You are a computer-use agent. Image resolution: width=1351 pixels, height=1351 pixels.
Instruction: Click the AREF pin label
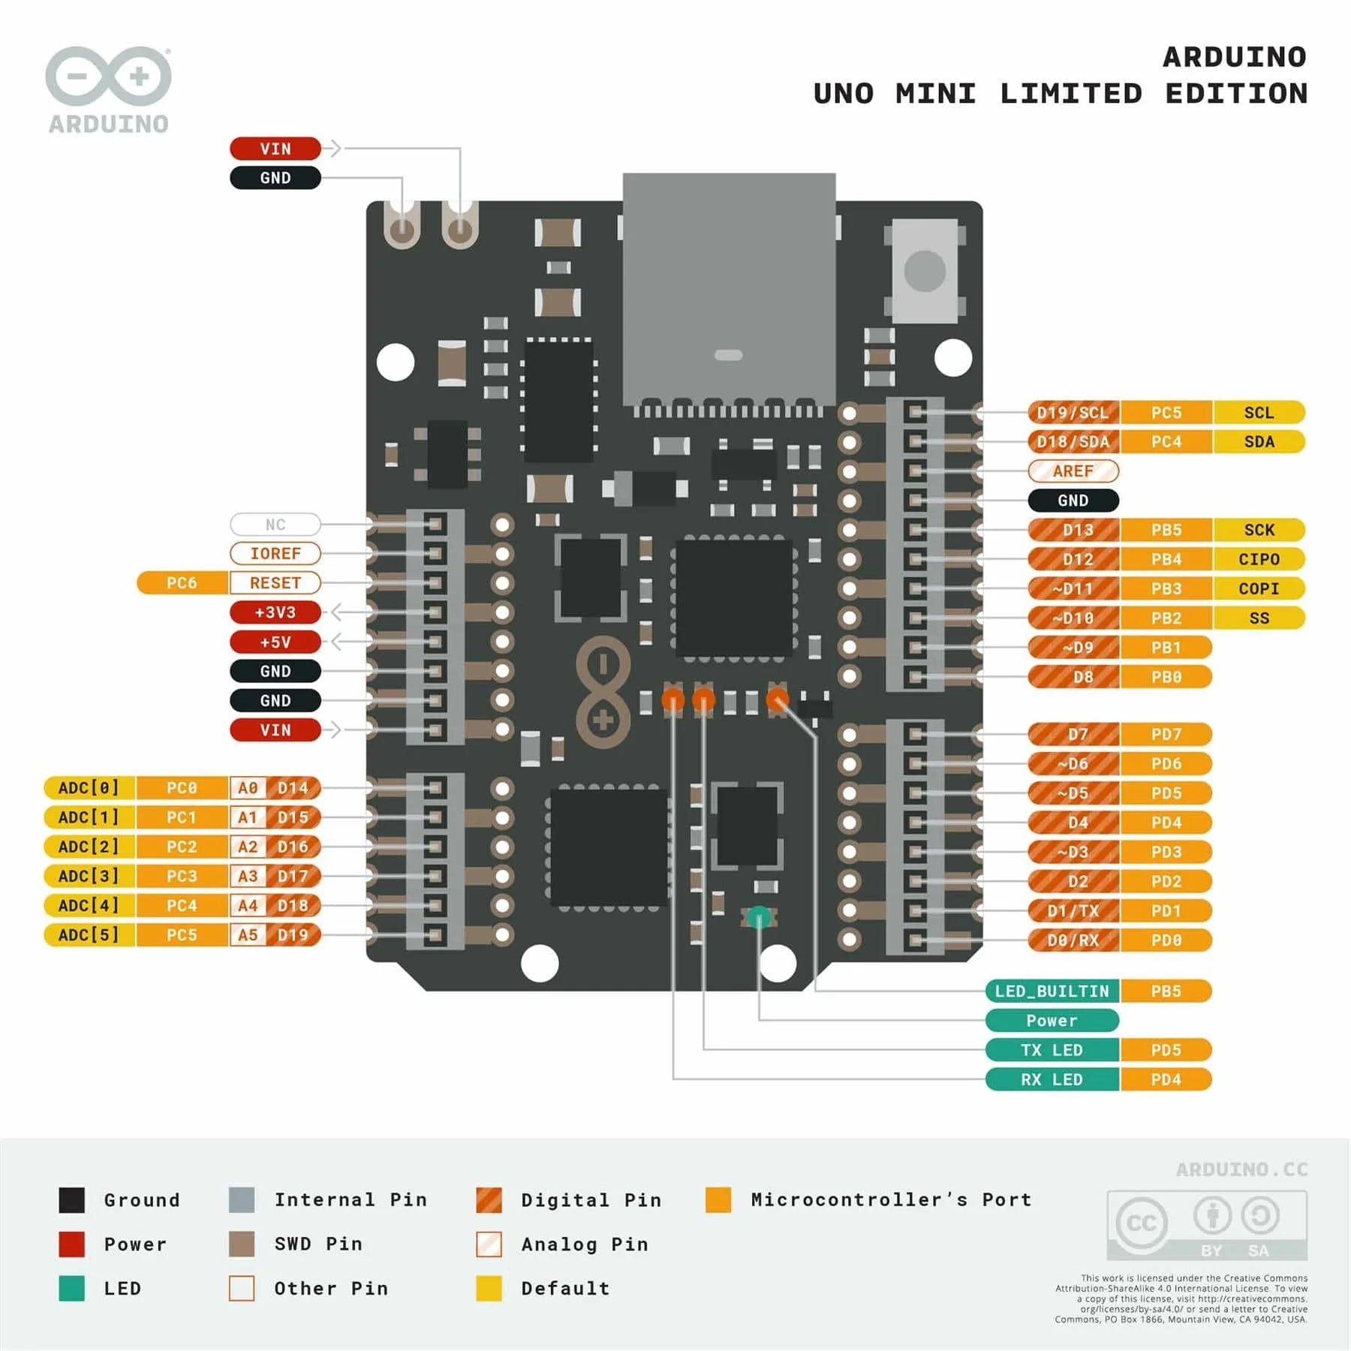(1073, 471)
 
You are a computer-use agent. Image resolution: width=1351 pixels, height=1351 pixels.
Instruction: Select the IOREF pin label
(275, 554)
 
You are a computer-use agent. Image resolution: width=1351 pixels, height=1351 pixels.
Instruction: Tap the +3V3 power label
(275, 612)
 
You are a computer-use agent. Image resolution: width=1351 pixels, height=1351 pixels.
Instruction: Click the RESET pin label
(275, 583)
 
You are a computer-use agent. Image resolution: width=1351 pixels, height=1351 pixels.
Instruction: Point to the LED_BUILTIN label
(1052, 991)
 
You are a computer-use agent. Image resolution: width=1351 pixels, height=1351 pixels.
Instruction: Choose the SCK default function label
(1259, 530)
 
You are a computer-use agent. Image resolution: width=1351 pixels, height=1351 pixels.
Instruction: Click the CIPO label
(1259, 559)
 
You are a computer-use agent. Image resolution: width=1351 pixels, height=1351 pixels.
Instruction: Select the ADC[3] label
(89, 876)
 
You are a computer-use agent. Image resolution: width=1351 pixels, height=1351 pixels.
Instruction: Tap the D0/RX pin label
(1073, 940)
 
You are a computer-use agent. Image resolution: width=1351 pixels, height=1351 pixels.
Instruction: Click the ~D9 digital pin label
(1073, 648)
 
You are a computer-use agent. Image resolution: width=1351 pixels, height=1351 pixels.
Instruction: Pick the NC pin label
(275, 525)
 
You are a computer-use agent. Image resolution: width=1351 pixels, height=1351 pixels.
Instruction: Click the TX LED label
(1052, 1050)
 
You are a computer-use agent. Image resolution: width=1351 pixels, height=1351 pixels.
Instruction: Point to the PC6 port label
(182, 583)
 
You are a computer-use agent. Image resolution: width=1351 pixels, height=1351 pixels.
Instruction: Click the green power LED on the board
(759, 917)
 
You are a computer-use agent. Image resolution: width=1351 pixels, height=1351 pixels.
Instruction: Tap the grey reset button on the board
(925, 271)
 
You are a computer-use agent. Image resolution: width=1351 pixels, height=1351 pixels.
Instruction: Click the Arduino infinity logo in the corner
(109, 77)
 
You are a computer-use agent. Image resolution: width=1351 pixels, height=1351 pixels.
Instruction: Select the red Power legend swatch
(72, 1244)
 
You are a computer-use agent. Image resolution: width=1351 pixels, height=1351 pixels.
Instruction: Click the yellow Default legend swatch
(489, 1288)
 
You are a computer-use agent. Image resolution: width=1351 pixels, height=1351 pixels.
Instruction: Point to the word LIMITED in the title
(1071, 94)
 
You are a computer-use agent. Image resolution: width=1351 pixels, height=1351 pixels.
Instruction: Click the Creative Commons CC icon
(1141, 1223)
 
